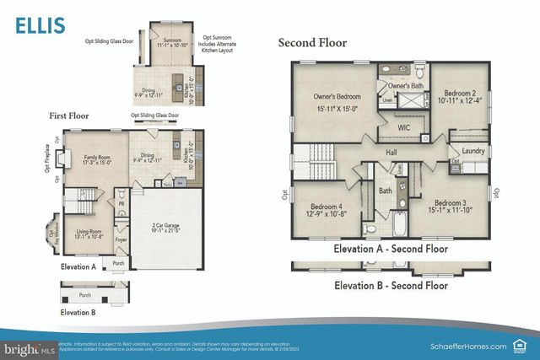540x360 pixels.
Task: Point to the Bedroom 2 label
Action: click(459, 92)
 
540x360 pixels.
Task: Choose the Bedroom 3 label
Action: click(451, 203)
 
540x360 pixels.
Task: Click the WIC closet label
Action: click(404, 126)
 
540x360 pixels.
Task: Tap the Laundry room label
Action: click(473, 151)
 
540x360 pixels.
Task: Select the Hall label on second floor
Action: click(391, 152)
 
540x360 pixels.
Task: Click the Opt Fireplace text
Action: click(47, 157)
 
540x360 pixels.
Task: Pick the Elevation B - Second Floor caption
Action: click(391, 285)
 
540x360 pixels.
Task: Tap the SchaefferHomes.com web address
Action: click(463, 346)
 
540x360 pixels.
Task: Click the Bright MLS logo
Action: click(29, 347)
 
